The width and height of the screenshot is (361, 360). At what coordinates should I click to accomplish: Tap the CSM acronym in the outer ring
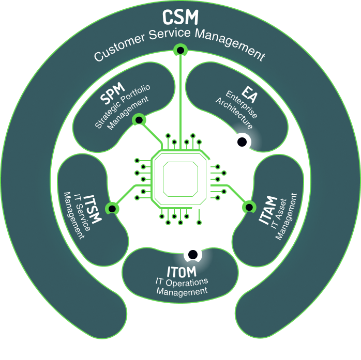pos(180,17)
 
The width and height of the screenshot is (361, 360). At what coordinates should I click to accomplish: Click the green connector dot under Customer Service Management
pos(180,50)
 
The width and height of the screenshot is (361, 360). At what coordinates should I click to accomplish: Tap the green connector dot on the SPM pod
pos(139,120)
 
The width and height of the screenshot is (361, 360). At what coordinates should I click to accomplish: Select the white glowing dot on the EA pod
pos(242,142)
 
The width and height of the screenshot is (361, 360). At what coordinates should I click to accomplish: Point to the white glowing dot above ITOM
pos(192,254)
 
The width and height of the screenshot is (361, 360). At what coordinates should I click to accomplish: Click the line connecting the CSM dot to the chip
pos(180,98)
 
